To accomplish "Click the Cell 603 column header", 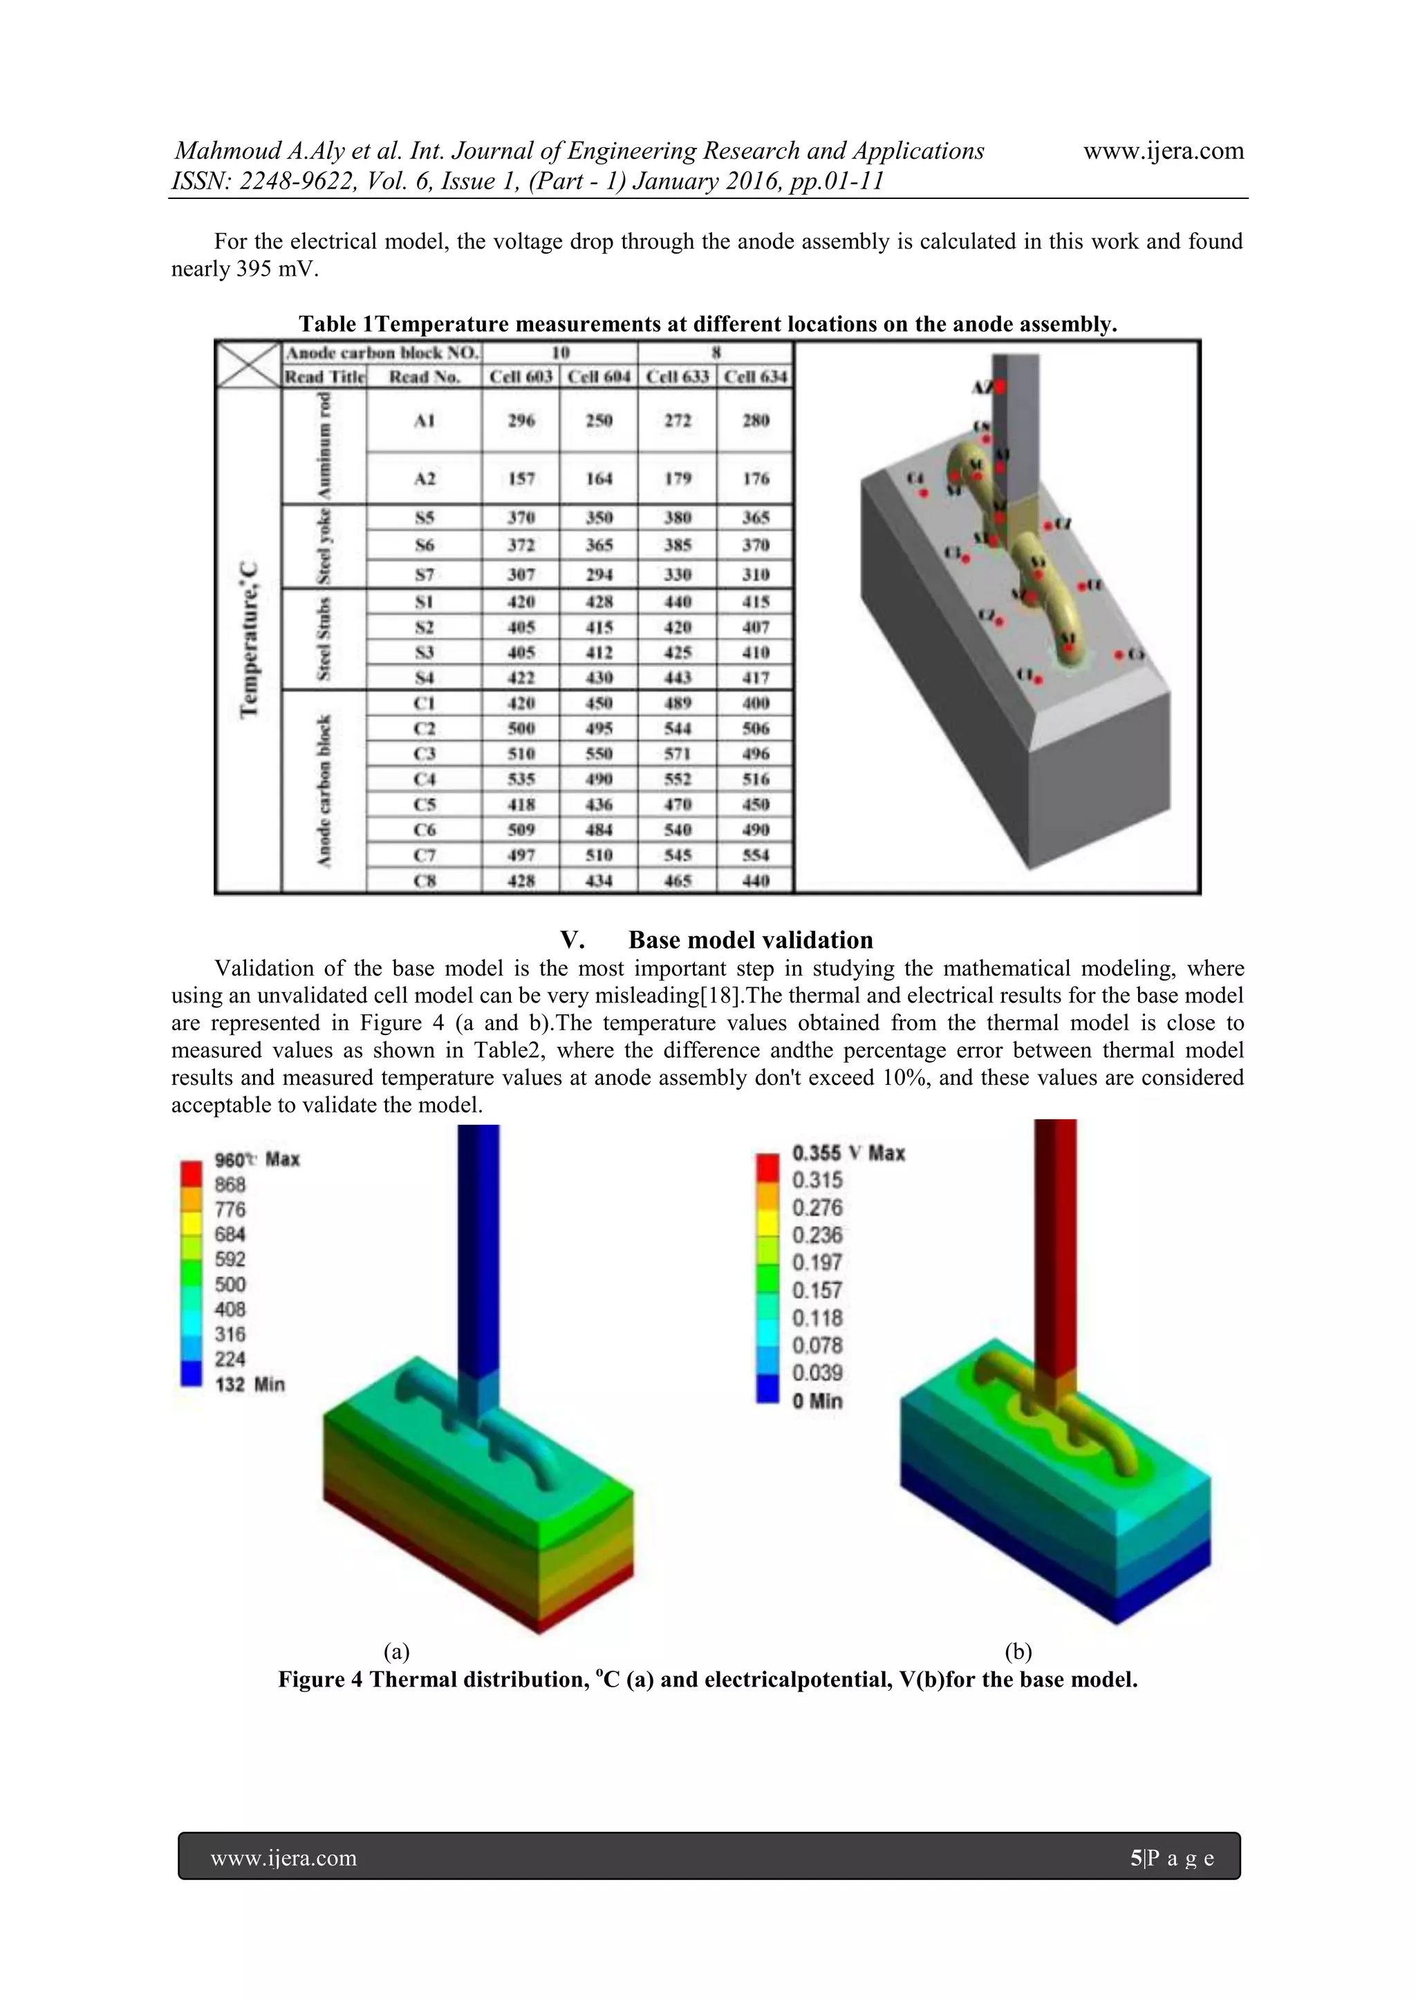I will (x=521, y=377).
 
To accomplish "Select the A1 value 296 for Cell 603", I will (x=521, y=421).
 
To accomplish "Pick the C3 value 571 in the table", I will (x=678, y=754).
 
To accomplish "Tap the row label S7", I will (x=424, y=574).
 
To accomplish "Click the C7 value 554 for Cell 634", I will (x=755, y=855).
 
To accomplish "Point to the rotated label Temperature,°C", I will (x=250, y=641).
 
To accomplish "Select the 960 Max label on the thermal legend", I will (x=257, y=1159).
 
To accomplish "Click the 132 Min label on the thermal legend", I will (x=250, y=1385).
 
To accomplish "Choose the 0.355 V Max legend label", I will (x=848, y=1153).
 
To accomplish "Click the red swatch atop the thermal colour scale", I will (x=191, y=1172).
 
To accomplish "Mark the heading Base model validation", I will (x=750, y=940).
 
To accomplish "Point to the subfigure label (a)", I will (x=397, y=1651).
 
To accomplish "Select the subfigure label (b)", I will (x=1018, y=1651).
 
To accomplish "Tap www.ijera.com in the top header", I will (x=1163, y=151).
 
